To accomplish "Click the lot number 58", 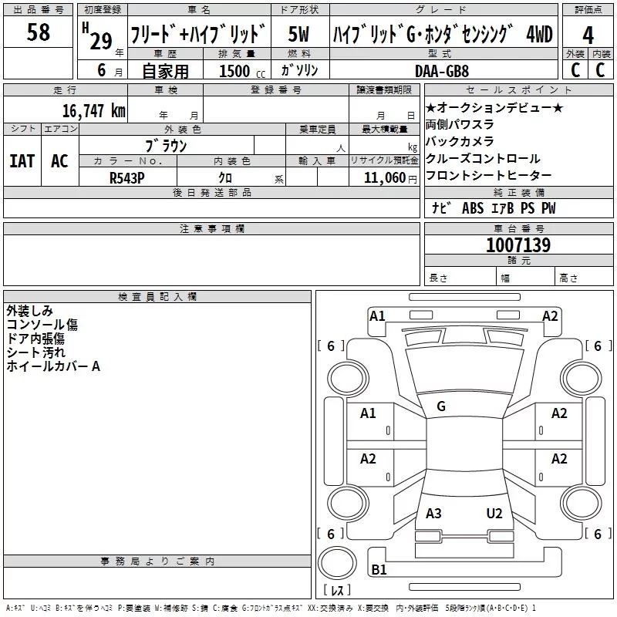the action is pos(38,32).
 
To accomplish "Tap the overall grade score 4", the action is pos(588,35).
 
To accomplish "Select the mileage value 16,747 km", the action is pos(94,111).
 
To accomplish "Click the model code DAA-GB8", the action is pos(442,71).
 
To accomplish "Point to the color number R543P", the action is pos(127,178).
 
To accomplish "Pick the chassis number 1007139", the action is pos(518,245).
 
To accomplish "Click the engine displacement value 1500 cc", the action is pos(242,71).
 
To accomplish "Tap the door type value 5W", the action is pos(298,34).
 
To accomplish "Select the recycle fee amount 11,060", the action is pos(385,178).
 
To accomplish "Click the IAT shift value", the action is pos(22,161).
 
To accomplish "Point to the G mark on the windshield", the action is pos(441,406).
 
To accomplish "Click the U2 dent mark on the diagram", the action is pos(494,514).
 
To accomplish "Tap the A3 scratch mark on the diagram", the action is pos(433,514).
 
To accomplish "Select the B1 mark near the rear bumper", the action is pos(379,569).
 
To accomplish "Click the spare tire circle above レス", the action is pos(337,563).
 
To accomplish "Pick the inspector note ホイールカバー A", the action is pos(53,366).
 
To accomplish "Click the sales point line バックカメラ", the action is pos(460,141).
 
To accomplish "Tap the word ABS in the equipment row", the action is pos(473,207).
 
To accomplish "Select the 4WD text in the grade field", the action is pos(539,34).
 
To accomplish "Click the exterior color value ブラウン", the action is pos(166,146).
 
